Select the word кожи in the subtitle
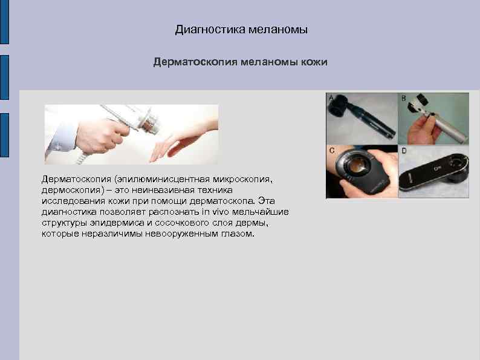tap(314, 62)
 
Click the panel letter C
tap(332, 149)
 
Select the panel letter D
tap(403, 149)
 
